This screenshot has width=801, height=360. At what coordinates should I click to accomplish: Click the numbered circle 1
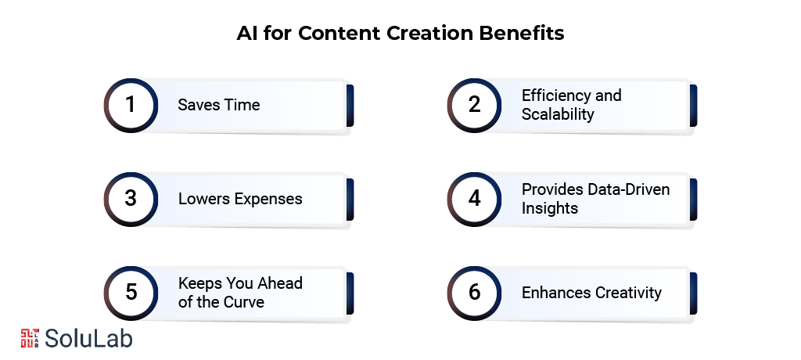coord(131,105)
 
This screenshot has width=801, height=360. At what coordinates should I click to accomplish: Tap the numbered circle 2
coord(474,105)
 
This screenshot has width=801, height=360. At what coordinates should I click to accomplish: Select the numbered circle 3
coord(131,199)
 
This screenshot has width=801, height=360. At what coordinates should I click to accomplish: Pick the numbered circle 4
coord(474,199)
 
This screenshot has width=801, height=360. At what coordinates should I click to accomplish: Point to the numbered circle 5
coord(131,293)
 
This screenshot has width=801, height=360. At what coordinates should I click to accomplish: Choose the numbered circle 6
coord(474,293)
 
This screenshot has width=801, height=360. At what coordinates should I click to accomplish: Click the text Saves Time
coord(218,105)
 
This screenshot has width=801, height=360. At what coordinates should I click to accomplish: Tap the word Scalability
coord(558,114)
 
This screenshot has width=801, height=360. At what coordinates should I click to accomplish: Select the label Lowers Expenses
coord(240,199)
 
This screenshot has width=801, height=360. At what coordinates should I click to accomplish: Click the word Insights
coord(549,208)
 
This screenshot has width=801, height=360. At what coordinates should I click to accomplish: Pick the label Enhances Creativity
coord(591,293)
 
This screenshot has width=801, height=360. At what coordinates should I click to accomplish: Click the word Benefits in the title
coord(526,34)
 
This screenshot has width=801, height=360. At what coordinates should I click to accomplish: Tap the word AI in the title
coord(247,34)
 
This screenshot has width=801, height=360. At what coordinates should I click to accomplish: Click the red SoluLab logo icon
coord(30,337)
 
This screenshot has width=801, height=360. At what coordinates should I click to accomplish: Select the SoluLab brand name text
coord(88,338)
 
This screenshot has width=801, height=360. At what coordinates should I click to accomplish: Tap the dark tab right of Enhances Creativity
coord(693,293)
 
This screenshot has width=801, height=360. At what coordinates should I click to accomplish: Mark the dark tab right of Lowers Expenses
coord(350,199)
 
